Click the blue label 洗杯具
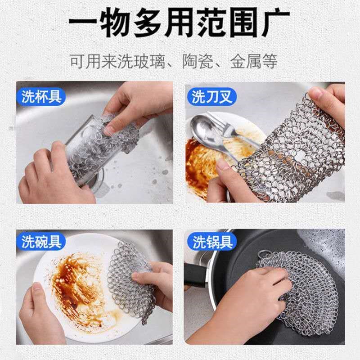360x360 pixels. tap(41, 96)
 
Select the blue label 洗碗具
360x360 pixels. tap(41, 242)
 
